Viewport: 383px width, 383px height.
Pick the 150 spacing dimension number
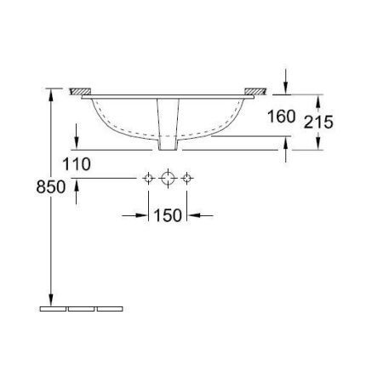coord(169,216)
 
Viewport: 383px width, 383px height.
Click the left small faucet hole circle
coord(149,177)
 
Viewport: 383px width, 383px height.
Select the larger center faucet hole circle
coord(169,177)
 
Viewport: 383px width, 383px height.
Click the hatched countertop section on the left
coord(81,90)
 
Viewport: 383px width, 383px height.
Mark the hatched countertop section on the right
coord(254,90)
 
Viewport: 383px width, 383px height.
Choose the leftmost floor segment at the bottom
coord(54,308)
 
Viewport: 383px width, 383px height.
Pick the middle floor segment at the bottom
coord(82,308)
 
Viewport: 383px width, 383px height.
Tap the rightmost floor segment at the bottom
coord(109,308)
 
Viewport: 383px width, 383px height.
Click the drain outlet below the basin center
coord(169,119)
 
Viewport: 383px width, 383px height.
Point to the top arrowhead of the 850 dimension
coord(54,94)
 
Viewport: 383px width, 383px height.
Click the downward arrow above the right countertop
coord(287,86)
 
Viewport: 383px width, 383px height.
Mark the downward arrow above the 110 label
coord(77,141)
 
